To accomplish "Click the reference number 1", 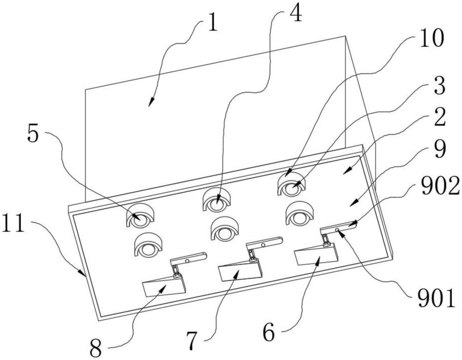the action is (x=213, y=23).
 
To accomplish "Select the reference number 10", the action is (x=432, y=38).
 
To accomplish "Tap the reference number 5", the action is (x=33, y=133).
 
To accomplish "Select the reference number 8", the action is (x=96, y=348).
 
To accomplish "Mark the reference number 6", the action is (x=269, y=332).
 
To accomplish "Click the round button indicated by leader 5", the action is (x=141, y=220).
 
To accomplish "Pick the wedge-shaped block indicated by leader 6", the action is (x=316, y=253).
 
